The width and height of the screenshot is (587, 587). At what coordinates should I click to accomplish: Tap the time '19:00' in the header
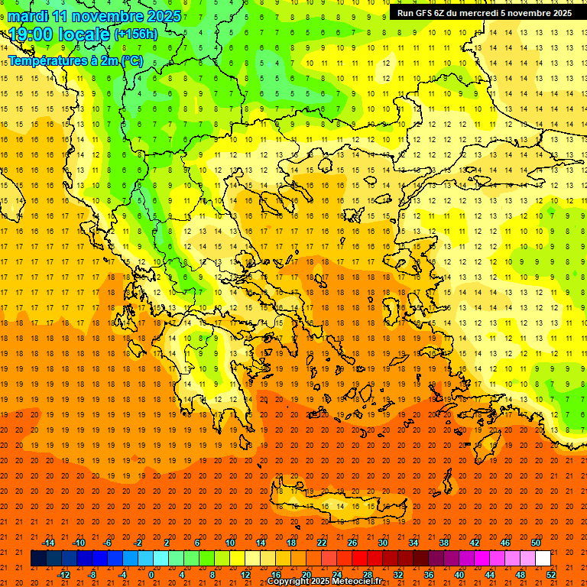[x=30, y=34]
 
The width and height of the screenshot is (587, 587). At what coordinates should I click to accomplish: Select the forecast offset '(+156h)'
[x=136, y=34]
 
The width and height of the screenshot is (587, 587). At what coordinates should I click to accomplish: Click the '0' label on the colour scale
[x=151, y=574]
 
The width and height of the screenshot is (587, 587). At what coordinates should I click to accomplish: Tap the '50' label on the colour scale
[x=535, y=542]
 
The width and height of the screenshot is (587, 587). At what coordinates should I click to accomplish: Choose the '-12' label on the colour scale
[x=63, y=574]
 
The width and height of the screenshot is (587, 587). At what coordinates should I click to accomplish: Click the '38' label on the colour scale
[x=443, y=542]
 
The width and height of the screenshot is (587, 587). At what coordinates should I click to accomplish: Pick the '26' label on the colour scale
[x=352, y=542]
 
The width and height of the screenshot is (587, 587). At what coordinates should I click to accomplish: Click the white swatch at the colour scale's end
[x=543, y=558]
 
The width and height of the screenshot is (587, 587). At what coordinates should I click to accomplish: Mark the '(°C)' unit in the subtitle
[x=130, y=60]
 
